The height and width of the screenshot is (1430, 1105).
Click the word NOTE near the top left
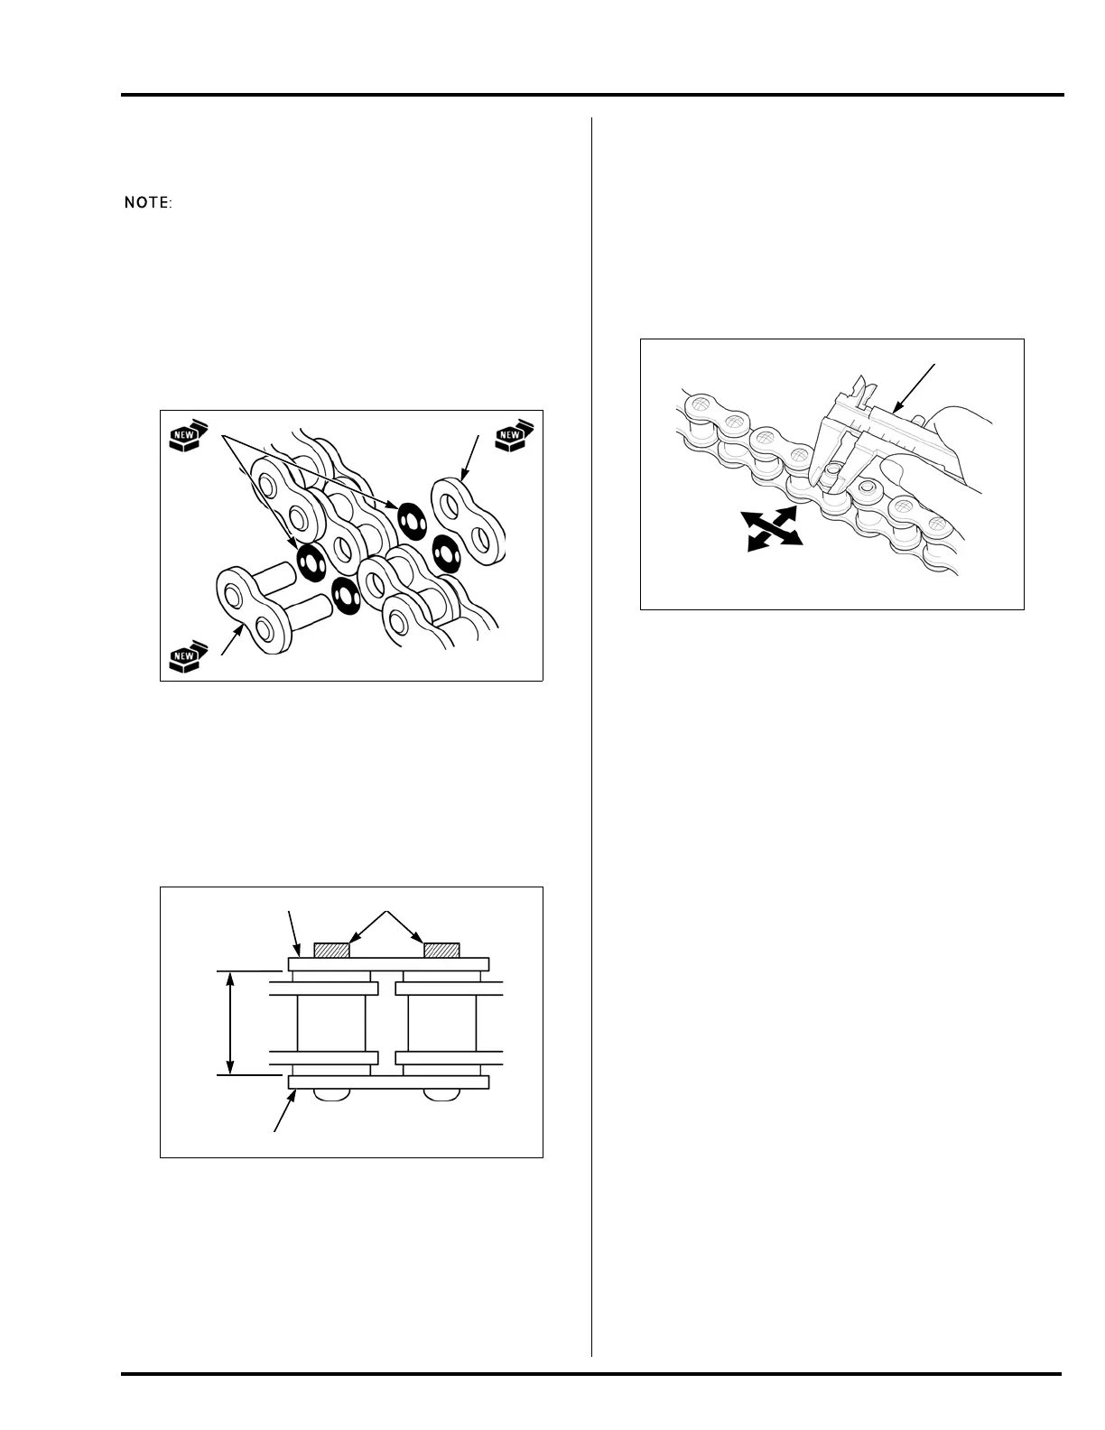(147, 203)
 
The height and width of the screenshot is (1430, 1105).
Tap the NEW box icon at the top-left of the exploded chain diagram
(187, 438)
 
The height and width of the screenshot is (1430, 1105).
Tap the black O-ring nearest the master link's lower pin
(346, 594)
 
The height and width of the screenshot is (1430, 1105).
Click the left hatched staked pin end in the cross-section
(330, 950)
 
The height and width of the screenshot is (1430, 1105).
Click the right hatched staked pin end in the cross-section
(441, 950)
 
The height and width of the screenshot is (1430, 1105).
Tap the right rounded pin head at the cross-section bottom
(441, 1094)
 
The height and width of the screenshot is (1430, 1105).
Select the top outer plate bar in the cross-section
(388, 963)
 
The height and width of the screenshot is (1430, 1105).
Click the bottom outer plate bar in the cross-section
(388, 1082)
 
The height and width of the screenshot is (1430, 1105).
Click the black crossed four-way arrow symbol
(770, 528)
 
